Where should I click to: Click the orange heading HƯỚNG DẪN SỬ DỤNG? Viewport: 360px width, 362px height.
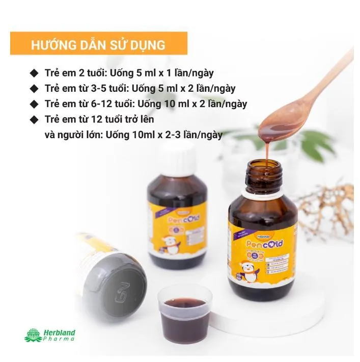(98, 44)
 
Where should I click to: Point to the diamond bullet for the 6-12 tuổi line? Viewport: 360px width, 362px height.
(34, 104)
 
